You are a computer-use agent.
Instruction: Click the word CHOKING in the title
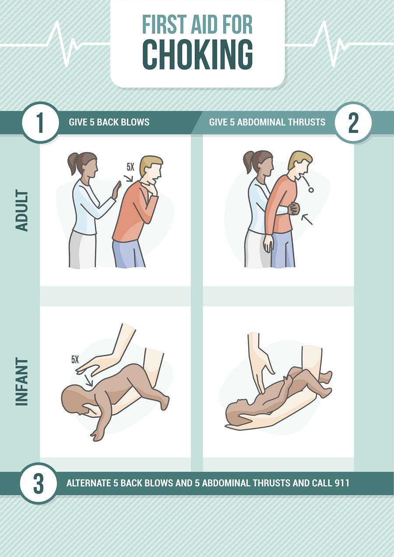198,55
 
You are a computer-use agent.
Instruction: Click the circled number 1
40,123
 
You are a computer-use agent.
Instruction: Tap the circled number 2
353,123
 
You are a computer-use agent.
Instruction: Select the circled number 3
39,483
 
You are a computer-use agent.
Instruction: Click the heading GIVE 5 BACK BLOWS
109,122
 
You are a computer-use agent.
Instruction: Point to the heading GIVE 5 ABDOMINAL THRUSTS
267,122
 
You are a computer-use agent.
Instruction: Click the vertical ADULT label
21,210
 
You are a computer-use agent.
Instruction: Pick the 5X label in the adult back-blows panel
130,167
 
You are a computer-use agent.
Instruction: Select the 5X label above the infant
75,360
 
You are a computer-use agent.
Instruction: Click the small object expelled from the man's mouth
310,189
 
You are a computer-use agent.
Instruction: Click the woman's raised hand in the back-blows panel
116,190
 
